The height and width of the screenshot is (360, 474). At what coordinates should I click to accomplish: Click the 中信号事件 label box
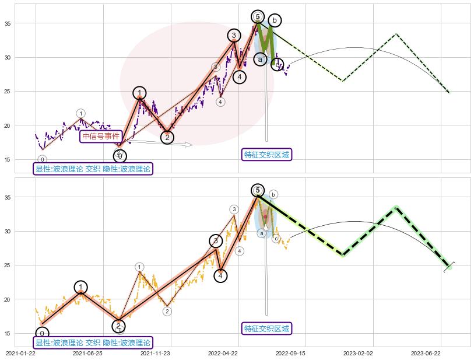(101, 137)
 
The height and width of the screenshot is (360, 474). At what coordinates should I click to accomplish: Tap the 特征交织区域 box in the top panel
(266, 155)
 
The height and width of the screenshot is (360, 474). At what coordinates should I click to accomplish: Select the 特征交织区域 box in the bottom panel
(266, 328)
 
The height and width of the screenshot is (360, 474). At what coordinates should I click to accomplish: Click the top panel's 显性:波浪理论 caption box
(93, 169)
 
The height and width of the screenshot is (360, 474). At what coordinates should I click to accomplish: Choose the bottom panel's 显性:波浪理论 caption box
(93, 343)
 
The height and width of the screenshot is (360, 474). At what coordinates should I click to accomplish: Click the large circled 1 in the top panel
(139, 93)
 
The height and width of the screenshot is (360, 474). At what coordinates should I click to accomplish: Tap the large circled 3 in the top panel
(234, 36)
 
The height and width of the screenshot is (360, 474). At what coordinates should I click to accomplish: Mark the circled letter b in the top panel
(274, 20)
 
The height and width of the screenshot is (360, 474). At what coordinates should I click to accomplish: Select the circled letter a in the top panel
(261, 59)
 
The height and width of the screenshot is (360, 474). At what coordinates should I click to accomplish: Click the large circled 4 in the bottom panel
(220, 275)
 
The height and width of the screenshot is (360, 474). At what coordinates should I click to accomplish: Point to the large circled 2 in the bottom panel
(118, 326)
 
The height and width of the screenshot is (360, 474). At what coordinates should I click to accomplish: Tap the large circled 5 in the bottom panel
(258, 190)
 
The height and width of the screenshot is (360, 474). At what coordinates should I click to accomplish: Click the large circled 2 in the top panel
(167, 138)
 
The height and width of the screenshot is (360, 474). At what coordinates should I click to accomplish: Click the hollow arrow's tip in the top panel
(192, 144)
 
